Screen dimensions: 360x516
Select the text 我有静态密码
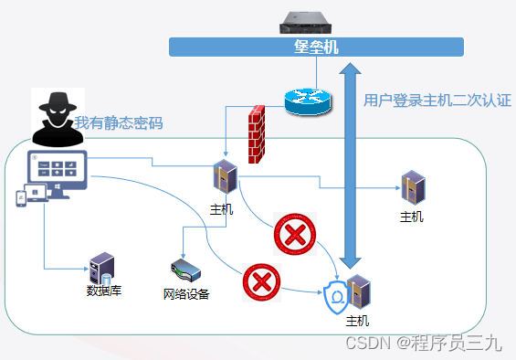click(119, 123)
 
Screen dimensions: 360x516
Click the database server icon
click(100, 269)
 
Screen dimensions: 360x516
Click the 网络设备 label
click(186, 294)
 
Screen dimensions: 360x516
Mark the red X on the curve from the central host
click(293, 235)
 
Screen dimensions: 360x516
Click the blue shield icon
click(338, 298)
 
